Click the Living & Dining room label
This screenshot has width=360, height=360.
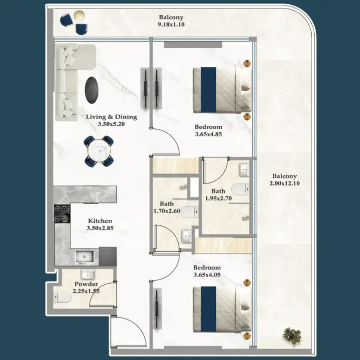pyautogui.click(x=111, y=117)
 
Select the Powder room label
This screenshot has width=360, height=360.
pyautogui.click(x=86, y=284)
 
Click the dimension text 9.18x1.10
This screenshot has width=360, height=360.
pyautogui.click(x=171, y=25)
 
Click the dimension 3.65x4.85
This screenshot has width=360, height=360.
pyautogui.click(x=208, y=134)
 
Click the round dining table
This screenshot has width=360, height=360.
pyautogui.click(x=99, y=151)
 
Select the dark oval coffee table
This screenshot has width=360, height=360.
pyautogui.click(x=91, y=90)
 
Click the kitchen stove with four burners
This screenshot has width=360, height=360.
pyautogui.click(x=62, y=214)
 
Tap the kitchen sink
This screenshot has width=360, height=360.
pyautogui.click(x=87, y=257)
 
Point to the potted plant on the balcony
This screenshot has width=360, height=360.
pyautogui.click(x=292, y=334)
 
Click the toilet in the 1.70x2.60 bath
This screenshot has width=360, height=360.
pyautogui.click(x=188, y=212)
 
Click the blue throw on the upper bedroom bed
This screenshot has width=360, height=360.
pyautogui.click(x=209, y=89)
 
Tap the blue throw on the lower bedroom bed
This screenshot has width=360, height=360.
pyautogui.click(x=209, y=309)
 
